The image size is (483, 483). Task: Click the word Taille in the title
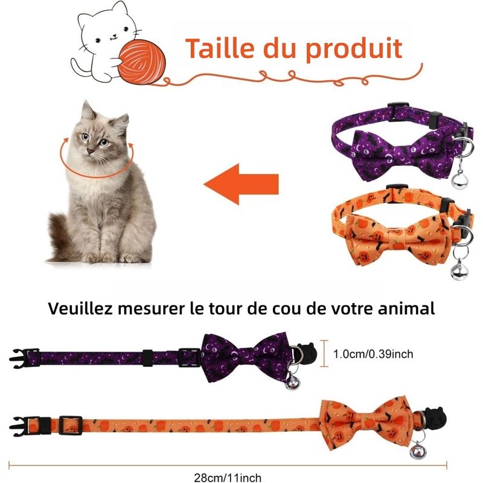tap(220, 48)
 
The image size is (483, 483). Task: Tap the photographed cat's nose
tap(91, 152)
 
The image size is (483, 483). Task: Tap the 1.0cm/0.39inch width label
tap(373, 354)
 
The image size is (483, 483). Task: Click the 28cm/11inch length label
tap(228, 478)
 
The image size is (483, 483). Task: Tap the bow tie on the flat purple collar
tap(246, 357)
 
